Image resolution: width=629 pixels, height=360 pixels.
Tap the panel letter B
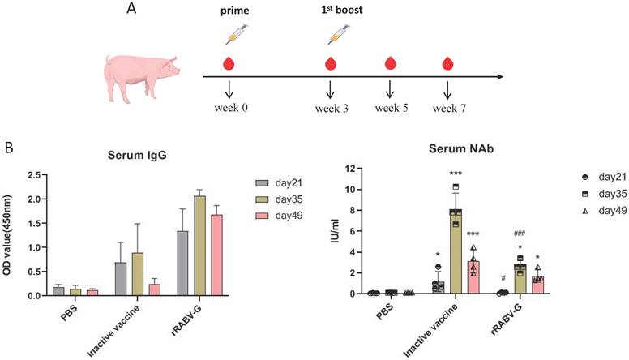pos(8,149)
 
